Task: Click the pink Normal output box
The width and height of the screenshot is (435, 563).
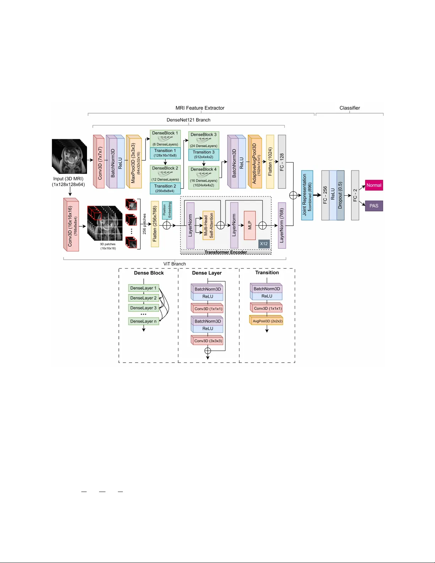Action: pos(374,185)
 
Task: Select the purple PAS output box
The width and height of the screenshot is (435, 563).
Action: pos(374,206)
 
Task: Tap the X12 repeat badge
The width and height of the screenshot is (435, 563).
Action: pos(264,244)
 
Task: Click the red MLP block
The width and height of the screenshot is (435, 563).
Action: pos(250,225)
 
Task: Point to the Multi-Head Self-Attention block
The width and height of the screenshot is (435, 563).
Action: pos(208,225)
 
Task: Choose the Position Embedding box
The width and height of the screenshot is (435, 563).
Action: pos(167,210)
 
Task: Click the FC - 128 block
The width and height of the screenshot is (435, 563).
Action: pos(282,162)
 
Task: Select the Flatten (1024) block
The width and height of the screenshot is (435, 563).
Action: pos(270,162)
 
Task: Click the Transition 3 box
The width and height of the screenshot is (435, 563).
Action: pos(204,155)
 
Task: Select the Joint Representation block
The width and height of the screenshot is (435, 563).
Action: pos(307,195)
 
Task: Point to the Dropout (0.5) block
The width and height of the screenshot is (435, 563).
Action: pos(340,195)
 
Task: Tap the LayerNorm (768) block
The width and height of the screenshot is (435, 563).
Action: pos(282,225)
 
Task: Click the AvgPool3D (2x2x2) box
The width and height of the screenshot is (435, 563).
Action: pos(267,321)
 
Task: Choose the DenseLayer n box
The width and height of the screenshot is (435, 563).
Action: pos(143,321)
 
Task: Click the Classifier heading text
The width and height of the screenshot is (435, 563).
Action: pos(349,108)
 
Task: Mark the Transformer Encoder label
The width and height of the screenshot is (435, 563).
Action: pos(225,252)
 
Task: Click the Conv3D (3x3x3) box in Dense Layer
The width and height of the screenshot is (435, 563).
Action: pos(208,341)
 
